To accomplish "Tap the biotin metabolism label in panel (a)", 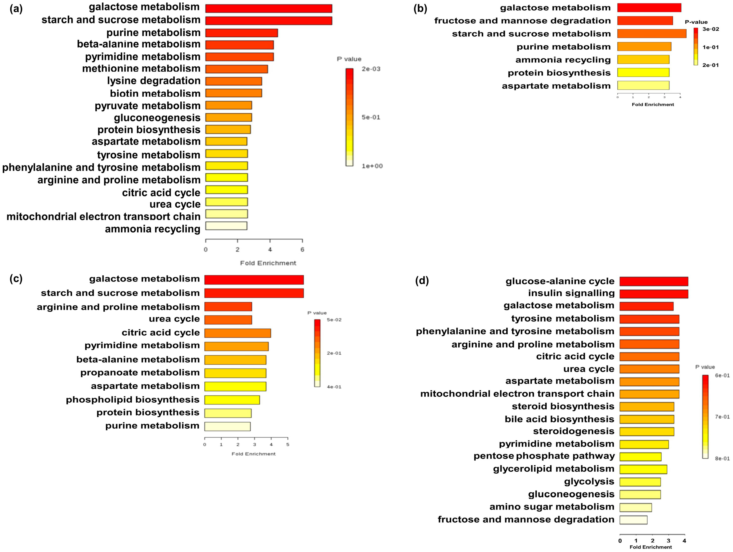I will tap(155, 93).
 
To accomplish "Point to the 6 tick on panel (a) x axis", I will tap(302, 249).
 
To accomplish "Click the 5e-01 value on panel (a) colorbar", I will tap(371, 117).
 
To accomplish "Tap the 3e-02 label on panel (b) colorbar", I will tap(711, 29).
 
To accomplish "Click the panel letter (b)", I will tap(420, 9).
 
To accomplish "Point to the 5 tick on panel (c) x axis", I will tap(288, 444).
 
